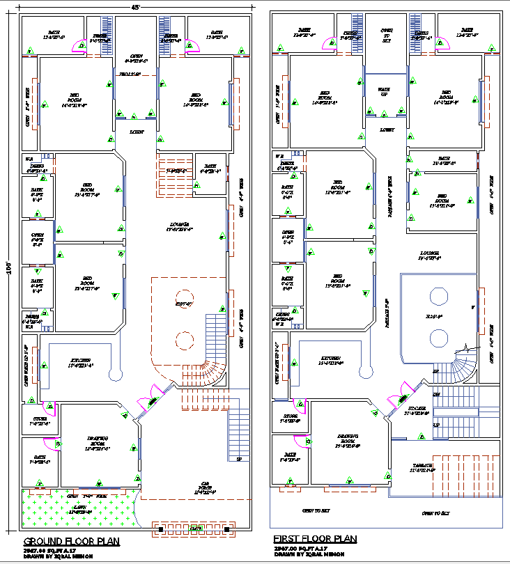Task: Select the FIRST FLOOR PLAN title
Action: point(314,539)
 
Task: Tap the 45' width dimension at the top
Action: point(135,6)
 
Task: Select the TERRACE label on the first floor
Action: point(424,467)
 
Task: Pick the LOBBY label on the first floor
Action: point(387,130)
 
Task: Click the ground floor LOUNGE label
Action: point(178,226)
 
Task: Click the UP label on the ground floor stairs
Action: point(239,460)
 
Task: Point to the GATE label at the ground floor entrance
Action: point(197,529)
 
